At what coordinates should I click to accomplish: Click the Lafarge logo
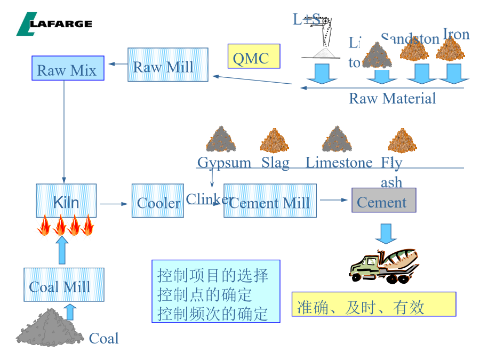(x=54, y=24)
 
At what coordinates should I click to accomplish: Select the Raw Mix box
(x=67, y=68)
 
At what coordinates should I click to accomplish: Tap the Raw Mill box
(x=167, y=65)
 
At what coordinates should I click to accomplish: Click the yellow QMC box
(x=254, y=56)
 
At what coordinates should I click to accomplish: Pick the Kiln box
(x=66, y=201)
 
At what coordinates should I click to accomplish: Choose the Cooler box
(x=158, y=201)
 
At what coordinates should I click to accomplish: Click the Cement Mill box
(x=270, y=201)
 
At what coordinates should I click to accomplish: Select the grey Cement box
(x=383, y=201)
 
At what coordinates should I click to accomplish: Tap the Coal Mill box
(x=63, y=285)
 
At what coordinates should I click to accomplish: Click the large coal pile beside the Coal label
(x=49, y=327)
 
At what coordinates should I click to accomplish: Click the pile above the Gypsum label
(x=221, y=140)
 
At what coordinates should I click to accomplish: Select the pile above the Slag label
(x=275, y=140)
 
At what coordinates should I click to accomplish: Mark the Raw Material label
(x=392, y=98)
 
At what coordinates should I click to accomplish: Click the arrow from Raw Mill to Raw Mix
(x=116, y=65)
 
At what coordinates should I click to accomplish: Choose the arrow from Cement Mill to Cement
(x=334, y=200)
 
